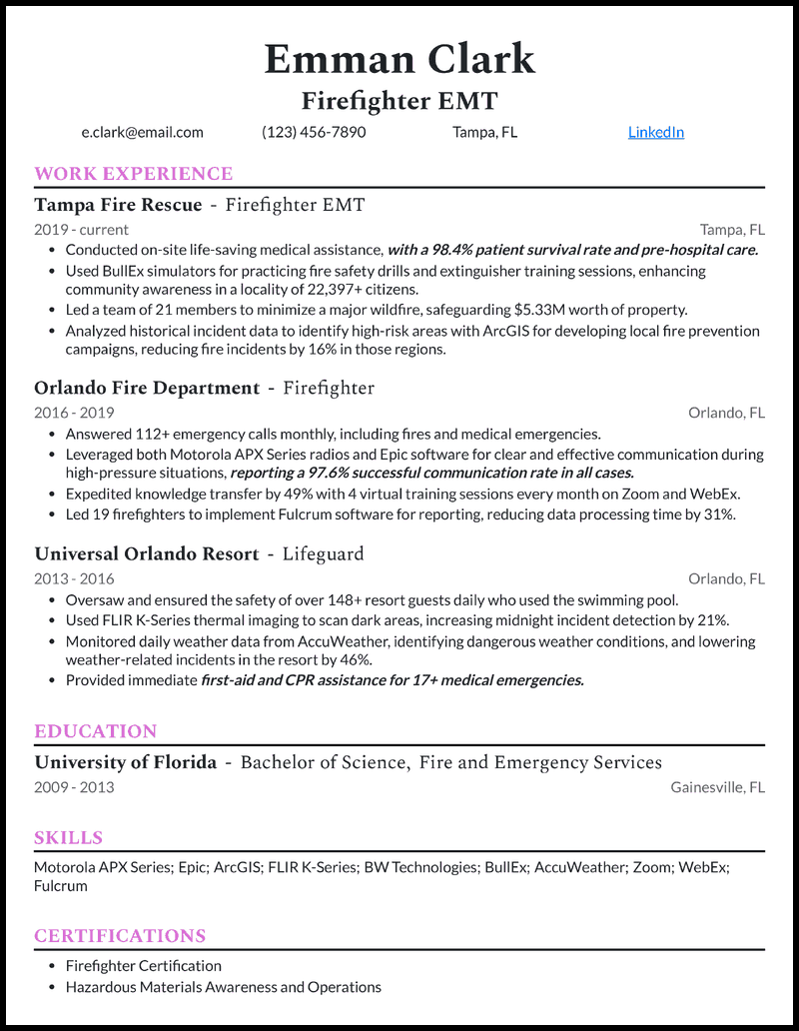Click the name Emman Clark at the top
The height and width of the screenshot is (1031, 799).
[x=399, y=60]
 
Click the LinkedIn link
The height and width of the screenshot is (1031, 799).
[x=655, y=132]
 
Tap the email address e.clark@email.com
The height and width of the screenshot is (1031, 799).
[x=142, y=132]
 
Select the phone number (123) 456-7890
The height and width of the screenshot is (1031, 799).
[x=314, y=132]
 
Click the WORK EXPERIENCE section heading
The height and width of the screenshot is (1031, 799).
[x=133, y=174]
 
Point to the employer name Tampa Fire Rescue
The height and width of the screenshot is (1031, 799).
[x=118, y=206]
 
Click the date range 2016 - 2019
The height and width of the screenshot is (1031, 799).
[x=74, y=413]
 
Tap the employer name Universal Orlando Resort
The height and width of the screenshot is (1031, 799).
[x=147, y=553]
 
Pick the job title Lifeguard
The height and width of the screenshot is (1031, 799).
[x=323, y=553]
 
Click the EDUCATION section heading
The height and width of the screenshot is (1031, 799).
[x=95, y=731]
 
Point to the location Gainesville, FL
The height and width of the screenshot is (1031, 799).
[x=717, y=787]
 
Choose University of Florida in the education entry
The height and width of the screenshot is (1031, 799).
[x=125, y=763]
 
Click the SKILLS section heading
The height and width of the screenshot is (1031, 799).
[x=68, y=838]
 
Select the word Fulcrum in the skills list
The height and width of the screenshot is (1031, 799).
[x=60, y=886]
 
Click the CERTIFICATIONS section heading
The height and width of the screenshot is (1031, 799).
[x=120, y=936]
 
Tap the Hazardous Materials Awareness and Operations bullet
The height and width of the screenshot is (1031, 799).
[x=223, y=987]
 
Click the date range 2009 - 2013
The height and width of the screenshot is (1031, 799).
[x=74, y=787]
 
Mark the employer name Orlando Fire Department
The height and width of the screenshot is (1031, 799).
[x=147, y=388]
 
